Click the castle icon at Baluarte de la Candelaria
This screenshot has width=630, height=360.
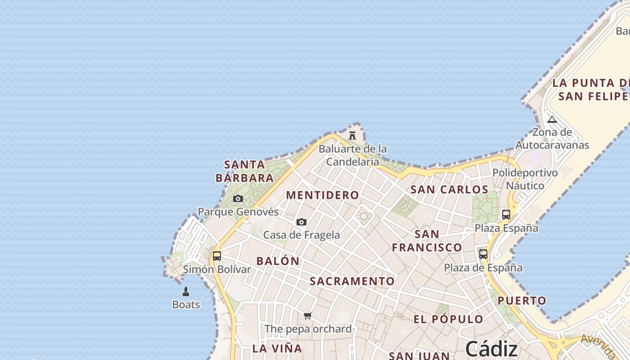[x=352, y=135]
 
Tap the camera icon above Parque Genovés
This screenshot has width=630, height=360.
[x=238, y=198]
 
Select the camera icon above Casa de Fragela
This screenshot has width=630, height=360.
[x=301, y=222]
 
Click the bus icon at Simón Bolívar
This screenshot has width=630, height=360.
[x=217, y=256]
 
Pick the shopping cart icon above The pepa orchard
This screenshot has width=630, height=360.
[x=307, y=315]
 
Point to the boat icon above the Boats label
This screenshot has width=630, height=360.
[x=186, y=292]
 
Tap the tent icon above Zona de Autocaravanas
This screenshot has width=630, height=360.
[x=552, y=119]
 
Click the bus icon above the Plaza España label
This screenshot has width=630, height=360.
[x=506, y=215]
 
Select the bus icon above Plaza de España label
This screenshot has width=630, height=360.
[x=483, y=254]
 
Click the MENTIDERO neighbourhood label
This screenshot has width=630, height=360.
[x=323, y=195]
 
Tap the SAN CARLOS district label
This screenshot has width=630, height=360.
[x=450, y=189]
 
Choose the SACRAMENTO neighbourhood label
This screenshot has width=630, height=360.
[x=352, y=281]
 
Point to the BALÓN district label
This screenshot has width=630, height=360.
[x=278, y=261]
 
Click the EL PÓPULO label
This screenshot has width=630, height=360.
[x=448, y=319]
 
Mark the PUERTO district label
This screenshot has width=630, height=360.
[x=522, y=301]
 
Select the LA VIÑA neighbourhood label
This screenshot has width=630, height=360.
[x=277, y=348]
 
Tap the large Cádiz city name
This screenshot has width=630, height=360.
[x=491, y=349]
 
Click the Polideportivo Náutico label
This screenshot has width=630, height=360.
[x=525, y=179]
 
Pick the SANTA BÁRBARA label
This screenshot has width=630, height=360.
[x=244, y=171]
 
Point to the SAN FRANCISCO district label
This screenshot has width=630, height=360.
[x=427, y=241]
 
